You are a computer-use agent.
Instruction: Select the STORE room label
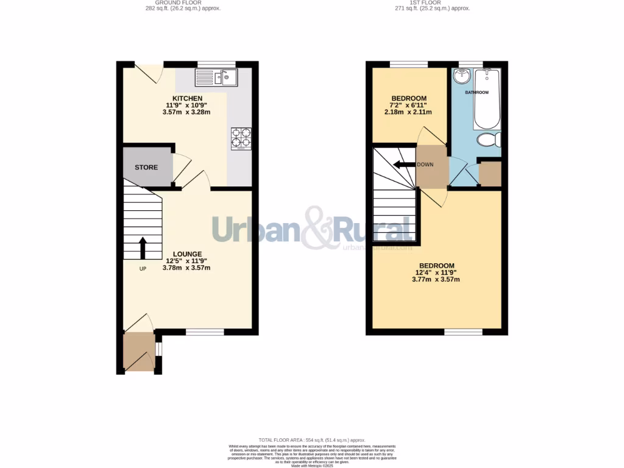(146, 168)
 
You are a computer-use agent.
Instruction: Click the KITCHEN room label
(187, 99)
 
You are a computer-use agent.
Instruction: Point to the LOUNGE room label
(187, 254)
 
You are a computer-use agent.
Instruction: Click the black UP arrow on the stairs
(143, 248)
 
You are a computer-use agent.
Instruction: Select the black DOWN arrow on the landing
(403, 165)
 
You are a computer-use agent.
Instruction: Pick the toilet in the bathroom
(488, 140)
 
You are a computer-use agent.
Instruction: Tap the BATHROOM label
(477, 93)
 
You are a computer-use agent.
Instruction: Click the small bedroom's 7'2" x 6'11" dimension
(408, 105)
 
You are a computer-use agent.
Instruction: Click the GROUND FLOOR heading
(183, 2)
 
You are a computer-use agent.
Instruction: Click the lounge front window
(204, 332)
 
